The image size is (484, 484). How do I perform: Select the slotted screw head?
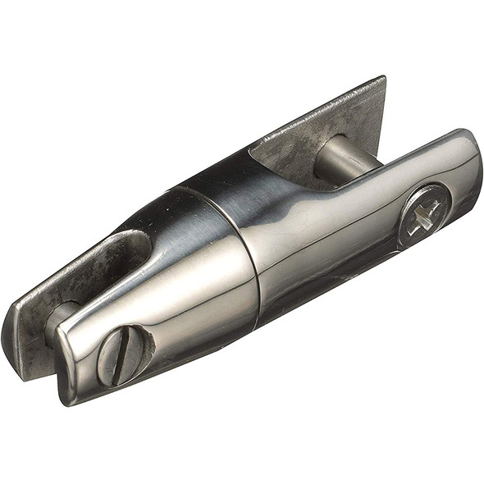pyautogui.click(x=123, y=354)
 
